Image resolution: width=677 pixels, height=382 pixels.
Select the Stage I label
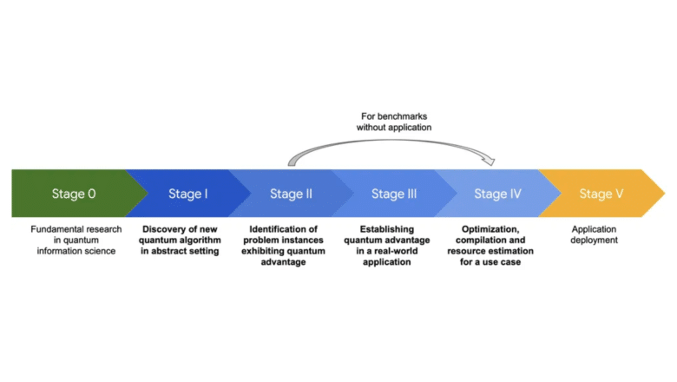(x=187, y=194)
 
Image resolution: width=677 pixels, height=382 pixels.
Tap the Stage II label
(x=291, y=194)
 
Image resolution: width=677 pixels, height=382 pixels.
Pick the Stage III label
(x=393, y=194)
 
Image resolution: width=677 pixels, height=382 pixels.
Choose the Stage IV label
(x=497, y=194)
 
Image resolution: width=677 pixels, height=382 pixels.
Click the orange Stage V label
(x=601, y=194)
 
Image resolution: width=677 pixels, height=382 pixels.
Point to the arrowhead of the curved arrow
(x=493, y=161)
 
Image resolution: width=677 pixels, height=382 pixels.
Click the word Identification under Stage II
(x=269, y=229)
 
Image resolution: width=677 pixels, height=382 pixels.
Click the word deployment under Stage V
(x=595, y=240)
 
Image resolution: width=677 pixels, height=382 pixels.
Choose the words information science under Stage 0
(x=73, y=252)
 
